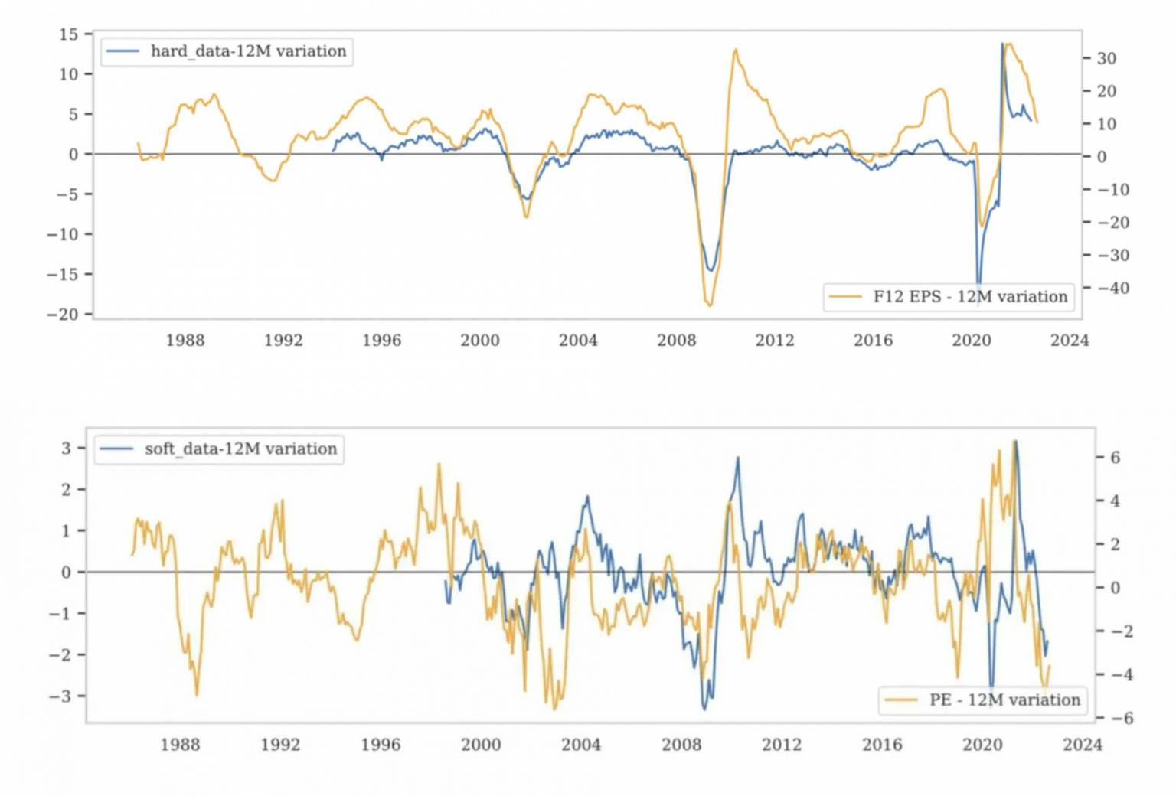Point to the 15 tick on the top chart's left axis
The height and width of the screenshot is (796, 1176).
point(69,34)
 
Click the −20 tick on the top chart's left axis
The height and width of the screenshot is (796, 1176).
point(63,314)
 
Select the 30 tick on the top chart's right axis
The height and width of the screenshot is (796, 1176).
point(1106,58)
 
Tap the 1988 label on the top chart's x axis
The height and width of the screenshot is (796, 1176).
point(185,341)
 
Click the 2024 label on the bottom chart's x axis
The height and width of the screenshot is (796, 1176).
point(1083,745)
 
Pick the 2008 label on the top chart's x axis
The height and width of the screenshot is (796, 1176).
point(677,341)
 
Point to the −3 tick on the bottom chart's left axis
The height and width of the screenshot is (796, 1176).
point(60,696)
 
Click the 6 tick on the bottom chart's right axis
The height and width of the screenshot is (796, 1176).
point(1115,458)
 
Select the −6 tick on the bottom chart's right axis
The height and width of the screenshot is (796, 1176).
point(1119,719)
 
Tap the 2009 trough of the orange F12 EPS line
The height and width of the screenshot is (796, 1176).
point(709,305)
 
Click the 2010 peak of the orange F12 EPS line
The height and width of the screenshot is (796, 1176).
point(736,51)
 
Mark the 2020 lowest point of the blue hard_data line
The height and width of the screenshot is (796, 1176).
point(978,283)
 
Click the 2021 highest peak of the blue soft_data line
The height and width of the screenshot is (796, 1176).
point(1015,441)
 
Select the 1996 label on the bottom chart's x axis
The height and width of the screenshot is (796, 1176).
point(381,745)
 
